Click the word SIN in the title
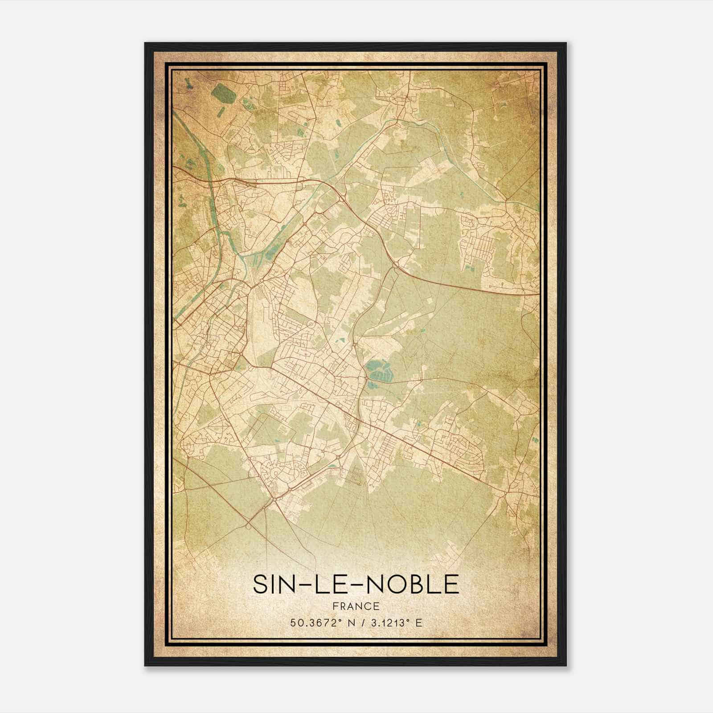[x=275, y=584]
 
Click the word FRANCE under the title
[x=356, y=606]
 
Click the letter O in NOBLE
[x=402, y=584]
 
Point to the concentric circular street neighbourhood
[x=274, y=470]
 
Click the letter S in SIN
[x=260, y=584]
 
